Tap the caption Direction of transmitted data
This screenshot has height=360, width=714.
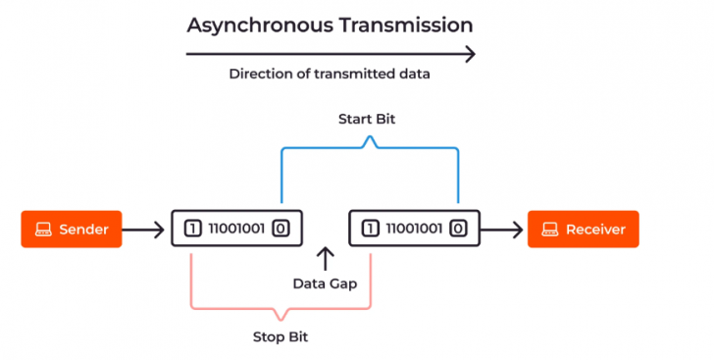click(x=330, y=74)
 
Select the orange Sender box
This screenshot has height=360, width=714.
click(x=72, y=230)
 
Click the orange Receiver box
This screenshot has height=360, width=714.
click(x=583, y=230)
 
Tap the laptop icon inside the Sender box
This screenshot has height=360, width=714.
click(x=43, y=230)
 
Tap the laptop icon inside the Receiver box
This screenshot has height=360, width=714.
click(x=548, y=230)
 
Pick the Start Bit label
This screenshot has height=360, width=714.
click(x=368, y=120)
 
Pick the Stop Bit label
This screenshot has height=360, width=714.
click(x=281, y=336)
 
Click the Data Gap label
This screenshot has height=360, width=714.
click(x=325, y=283)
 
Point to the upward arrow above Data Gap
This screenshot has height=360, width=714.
click(x=325, y=259)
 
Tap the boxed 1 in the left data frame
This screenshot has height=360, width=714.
click(x=192, y=230)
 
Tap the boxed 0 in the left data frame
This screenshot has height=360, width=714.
click(x=280, y=230)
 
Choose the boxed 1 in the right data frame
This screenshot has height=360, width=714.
click(x=370, y=230)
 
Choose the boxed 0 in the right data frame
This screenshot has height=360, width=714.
click(x=458, y=230)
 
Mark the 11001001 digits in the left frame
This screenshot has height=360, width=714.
click(x=236, y=230)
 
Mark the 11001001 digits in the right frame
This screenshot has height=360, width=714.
click(x=414, y=230)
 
